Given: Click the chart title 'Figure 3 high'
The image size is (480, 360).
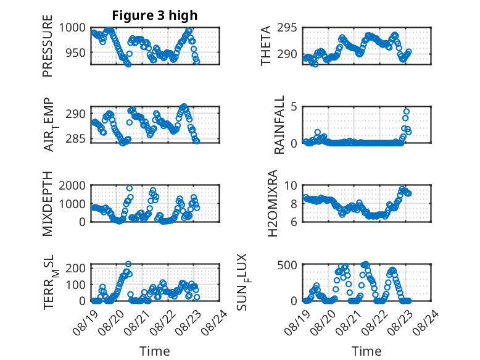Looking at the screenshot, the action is tap(155, 15).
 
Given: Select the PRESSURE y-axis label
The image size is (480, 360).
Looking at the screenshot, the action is tap(48, 46).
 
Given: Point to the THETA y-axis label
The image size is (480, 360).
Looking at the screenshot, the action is tap(266, 46).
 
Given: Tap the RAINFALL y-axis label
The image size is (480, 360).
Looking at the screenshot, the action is tap(279, 125).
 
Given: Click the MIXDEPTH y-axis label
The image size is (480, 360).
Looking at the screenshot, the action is tap(48, 204).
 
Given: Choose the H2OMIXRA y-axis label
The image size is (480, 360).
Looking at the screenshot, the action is tap(272, 203).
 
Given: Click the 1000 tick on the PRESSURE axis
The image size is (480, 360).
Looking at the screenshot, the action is tap(72, 28).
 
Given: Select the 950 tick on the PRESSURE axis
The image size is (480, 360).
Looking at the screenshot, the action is tap(76, 52).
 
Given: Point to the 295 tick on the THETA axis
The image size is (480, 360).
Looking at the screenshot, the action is tap(287, 28).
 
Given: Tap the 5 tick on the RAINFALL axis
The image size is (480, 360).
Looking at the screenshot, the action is tap(294, 107).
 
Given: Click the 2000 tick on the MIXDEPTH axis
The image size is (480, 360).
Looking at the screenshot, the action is tap(72, 185).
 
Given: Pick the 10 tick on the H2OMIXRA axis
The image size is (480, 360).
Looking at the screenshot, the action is tap(291, 185).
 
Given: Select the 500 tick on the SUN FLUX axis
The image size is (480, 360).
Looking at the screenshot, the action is tap(287, 265).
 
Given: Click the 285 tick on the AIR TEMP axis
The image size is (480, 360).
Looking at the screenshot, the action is tap(76, 139).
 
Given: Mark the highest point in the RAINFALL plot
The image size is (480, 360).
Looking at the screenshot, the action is tap(407, 112).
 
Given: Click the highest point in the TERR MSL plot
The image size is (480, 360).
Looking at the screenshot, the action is tap(128, 264).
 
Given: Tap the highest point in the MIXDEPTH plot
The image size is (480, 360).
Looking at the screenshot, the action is tap(130, 188).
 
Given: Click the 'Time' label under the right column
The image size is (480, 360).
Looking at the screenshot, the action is tap(366, 351).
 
